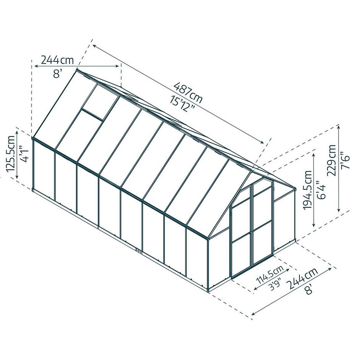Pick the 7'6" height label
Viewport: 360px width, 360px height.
tap(345, 160)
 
